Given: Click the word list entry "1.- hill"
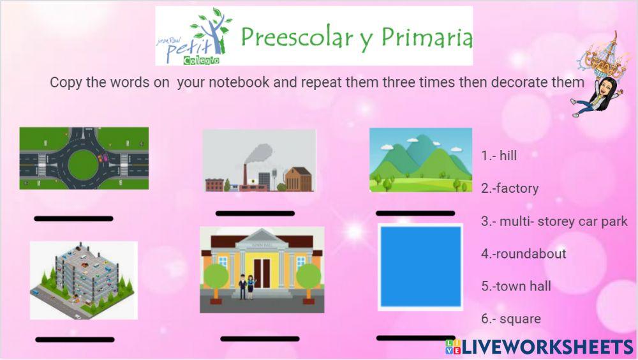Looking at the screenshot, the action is (499, 156).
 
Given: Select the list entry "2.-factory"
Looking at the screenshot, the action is (510, 188).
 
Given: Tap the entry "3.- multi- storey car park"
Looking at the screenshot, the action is (554, 221).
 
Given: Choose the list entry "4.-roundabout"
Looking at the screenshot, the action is (524, 253).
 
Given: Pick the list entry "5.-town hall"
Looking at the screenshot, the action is (516, 287).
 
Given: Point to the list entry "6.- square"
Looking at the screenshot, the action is (511, 319).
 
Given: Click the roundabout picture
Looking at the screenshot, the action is (84, 158).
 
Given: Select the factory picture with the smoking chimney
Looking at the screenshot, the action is (259, 161).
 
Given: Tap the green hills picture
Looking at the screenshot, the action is (420, 160).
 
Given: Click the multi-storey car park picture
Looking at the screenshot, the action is (84, 280).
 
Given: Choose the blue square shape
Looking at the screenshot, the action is (420, 267).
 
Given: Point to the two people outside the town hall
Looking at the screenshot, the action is (246, 287).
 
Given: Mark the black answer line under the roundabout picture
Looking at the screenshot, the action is (73, 219).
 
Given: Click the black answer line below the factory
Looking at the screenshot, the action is (255, 213).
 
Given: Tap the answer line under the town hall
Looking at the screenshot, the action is (260, 339).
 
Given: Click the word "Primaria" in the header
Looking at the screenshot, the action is (427, 37).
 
